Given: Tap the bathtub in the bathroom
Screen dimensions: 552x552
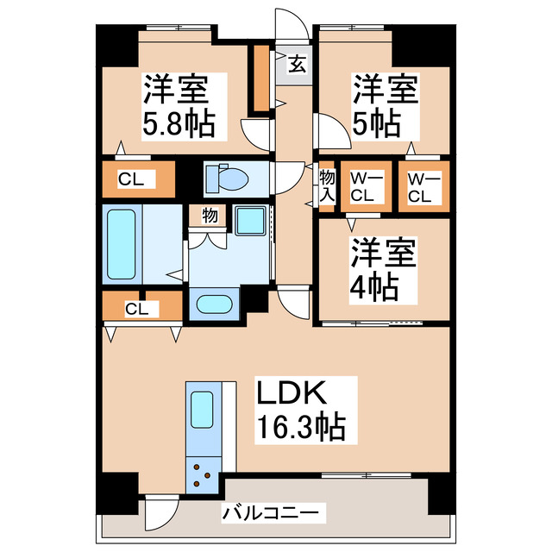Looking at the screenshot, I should pyautogui.click(x=122, y=243).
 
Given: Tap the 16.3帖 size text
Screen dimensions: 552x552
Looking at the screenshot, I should pyautogui.click(x=299, y=428).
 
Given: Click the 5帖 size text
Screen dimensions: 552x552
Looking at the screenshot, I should pyautogui.click(x=376, y=122).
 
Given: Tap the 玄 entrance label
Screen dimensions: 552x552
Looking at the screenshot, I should pyautogui.click(x=295, y=65).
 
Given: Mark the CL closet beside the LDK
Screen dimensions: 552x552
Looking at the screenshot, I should pyautogui.click(x=136, y=307).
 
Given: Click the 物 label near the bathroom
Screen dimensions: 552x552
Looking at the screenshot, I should pyautogui.click(x=210, y=216).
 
